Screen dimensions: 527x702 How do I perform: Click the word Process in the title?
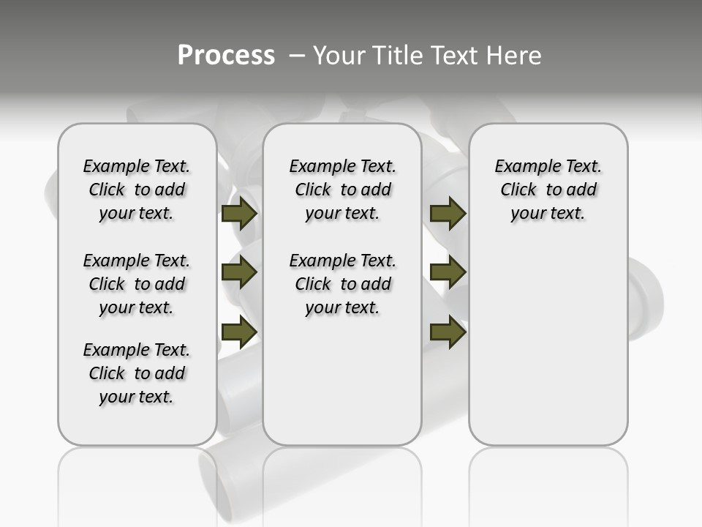tap(226, 56)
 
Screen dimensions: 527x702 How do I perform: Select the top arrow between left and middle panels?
tap(239, 214)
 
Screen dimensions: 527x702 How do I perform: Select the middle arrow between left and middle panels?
tap(239, 272)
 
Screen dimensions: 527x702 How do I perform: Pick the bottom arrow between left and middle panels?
tap(239, 332)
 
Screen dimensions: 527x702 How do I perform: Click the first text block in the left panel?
tap(137, 190)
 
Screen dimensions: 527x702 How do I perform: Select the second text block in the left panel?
tap(137, 284)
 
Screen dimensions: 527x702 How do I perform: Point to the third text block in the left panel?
tap(137, 373)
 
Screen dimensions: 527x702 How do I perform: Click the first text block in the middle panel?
tap(342, 190)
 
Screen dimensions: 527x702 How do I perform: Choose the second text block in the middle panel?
tap(342, 284)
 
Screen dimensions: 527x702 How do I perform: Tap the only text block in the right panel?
tap(548, 190)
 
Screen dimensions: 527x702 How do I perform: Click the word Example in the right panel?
tap(526, 167)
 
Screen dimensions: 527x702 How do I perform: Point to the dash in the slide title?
tap(297, 56)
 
